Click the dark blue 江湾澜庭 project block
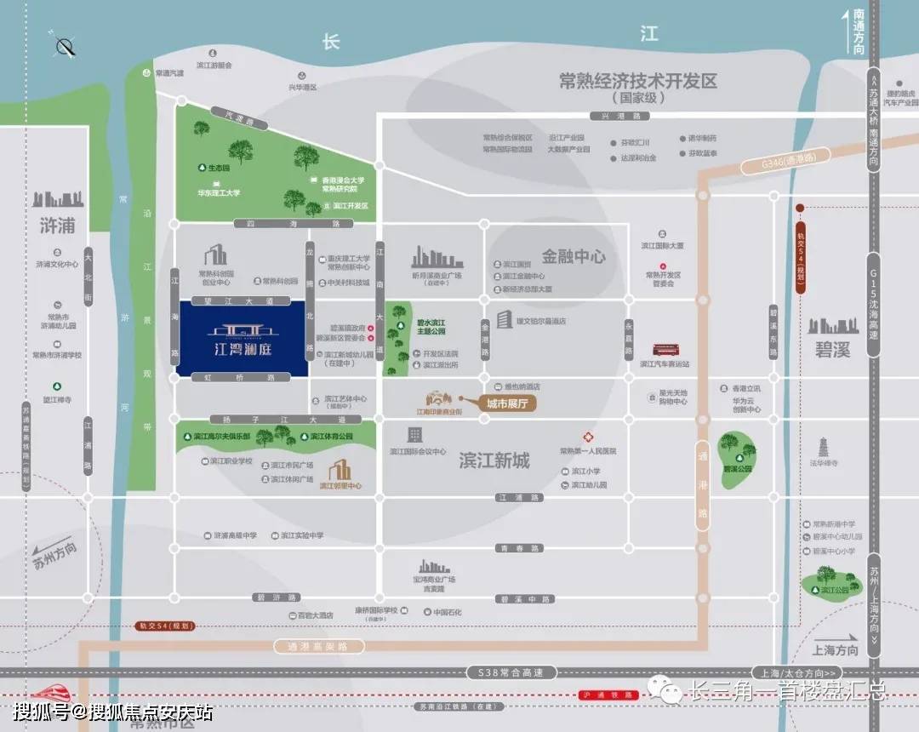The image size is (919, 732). [x=243, y=338]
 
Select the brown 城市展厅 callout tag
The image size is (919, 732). [x=506, y=404]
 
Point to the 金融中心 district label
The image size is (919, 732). [x=574, y=255]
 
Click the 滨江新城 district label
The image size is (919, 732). [x=494, y=460]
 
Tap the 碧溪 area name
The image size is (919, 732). [x=833, y=349]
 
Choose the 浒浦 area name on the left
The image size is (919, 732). [x=57, y=226]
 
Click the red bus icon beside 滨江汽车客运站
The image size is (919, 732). [x=665, y=349]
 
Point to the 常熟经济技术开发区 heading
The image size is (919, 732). [x=638, y=82]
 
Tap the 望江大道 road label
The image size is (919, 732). [x=241, y=301]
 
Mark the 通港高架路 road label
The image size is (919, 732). [x=312, y=646]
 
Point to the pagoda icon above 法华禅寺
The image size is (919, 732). [x=823, y=447]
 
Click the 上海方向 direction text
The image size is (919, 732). [x=836, y=650]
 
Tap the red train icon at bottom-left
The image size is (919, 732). [x=40, y=694]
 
